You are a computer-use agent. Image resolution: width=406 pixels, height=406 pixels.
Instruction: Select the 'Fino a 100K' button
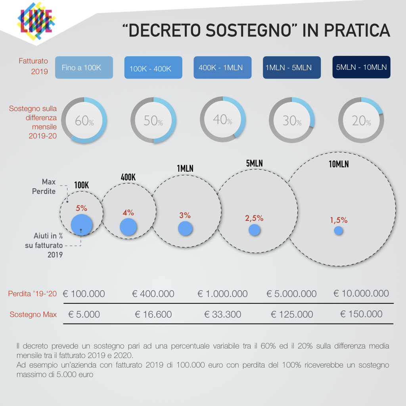point(84,67)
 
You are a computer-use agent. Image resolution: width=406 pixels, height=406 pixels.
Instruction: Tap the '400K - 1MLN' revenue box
point(222,67)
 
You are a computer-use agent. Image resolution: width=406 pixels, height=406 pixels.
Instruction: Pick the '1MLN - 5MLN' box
point(291,67)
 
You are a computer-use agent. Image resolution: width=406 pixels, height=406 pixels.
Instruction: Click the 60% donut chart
point(84,120)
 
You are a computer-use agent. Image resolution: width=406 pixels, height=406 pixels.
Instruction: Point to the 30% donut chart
point(292,120)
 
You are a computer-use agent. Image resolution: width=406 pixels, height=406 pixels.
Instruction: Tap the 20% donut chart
point(361,120)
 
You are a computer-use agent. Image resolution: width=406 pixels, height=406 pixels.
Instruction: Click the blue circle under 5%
point(82,224)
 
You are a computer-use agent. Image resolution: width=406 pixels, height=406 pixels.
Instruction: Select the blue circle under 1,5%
point(338,230)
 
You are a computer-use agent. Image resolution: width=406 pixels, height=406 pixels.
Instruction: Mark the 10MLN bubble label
point(339,164)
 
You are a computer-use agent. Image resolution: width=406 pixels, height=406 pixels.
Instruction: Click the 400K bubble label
point(128,177)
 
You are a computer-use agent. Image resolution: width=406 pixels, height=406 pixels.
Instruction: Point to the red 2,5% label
point(254,218)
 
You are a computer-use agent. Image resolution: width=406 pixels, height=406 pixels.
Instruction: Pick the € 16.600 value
point(153,314)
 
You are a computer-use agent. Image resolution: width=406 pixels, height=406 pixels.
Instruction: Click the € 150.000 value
point(361,314)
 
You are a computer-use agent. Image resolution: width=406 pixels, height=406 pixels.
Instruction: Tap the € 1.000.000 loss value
point(222,294)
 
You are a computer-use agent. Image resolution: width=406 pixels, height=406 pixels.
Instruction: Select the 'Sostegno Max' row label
point(33,314)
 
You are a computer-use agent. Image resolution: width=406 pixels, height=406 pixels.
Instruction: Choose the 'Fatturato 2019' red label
point(33,66)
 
